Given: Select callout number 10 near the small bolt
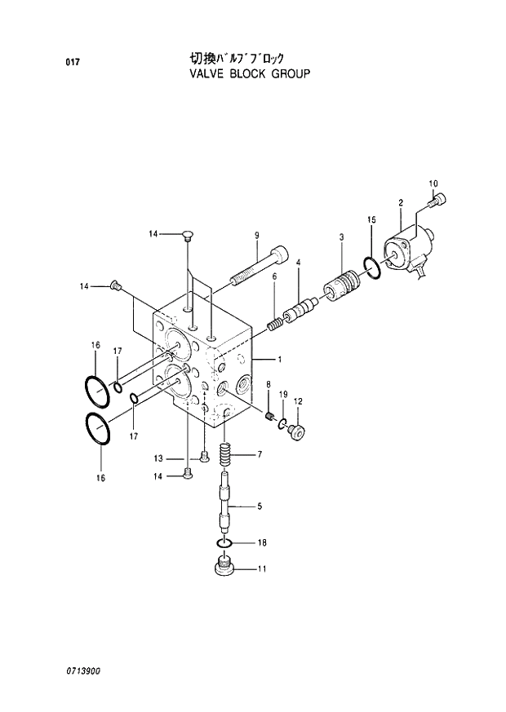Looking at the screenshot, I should coord(433,183).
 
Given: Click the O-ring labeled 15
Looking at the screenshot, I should coord(371,267).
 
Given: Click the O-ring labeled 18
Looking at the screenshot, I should coord(226,543).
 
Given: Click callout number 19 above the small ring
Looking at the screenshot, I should coord(283,395).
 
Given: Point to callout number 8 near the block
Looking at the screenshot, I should coord(268,384).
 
